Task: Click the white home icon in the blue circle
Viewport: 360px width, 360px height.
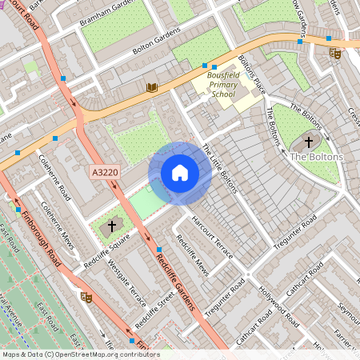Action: point(180,173)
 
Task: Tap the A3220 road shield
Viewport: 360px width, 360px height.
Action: point(104,173)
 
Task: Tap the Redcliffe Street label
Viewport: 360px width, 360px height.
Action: point(155,312)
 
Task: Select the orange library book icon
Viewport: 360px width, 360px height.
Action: point(152,87)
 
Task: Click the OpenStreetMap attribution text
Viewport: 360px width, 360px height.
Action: point(80,354)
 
